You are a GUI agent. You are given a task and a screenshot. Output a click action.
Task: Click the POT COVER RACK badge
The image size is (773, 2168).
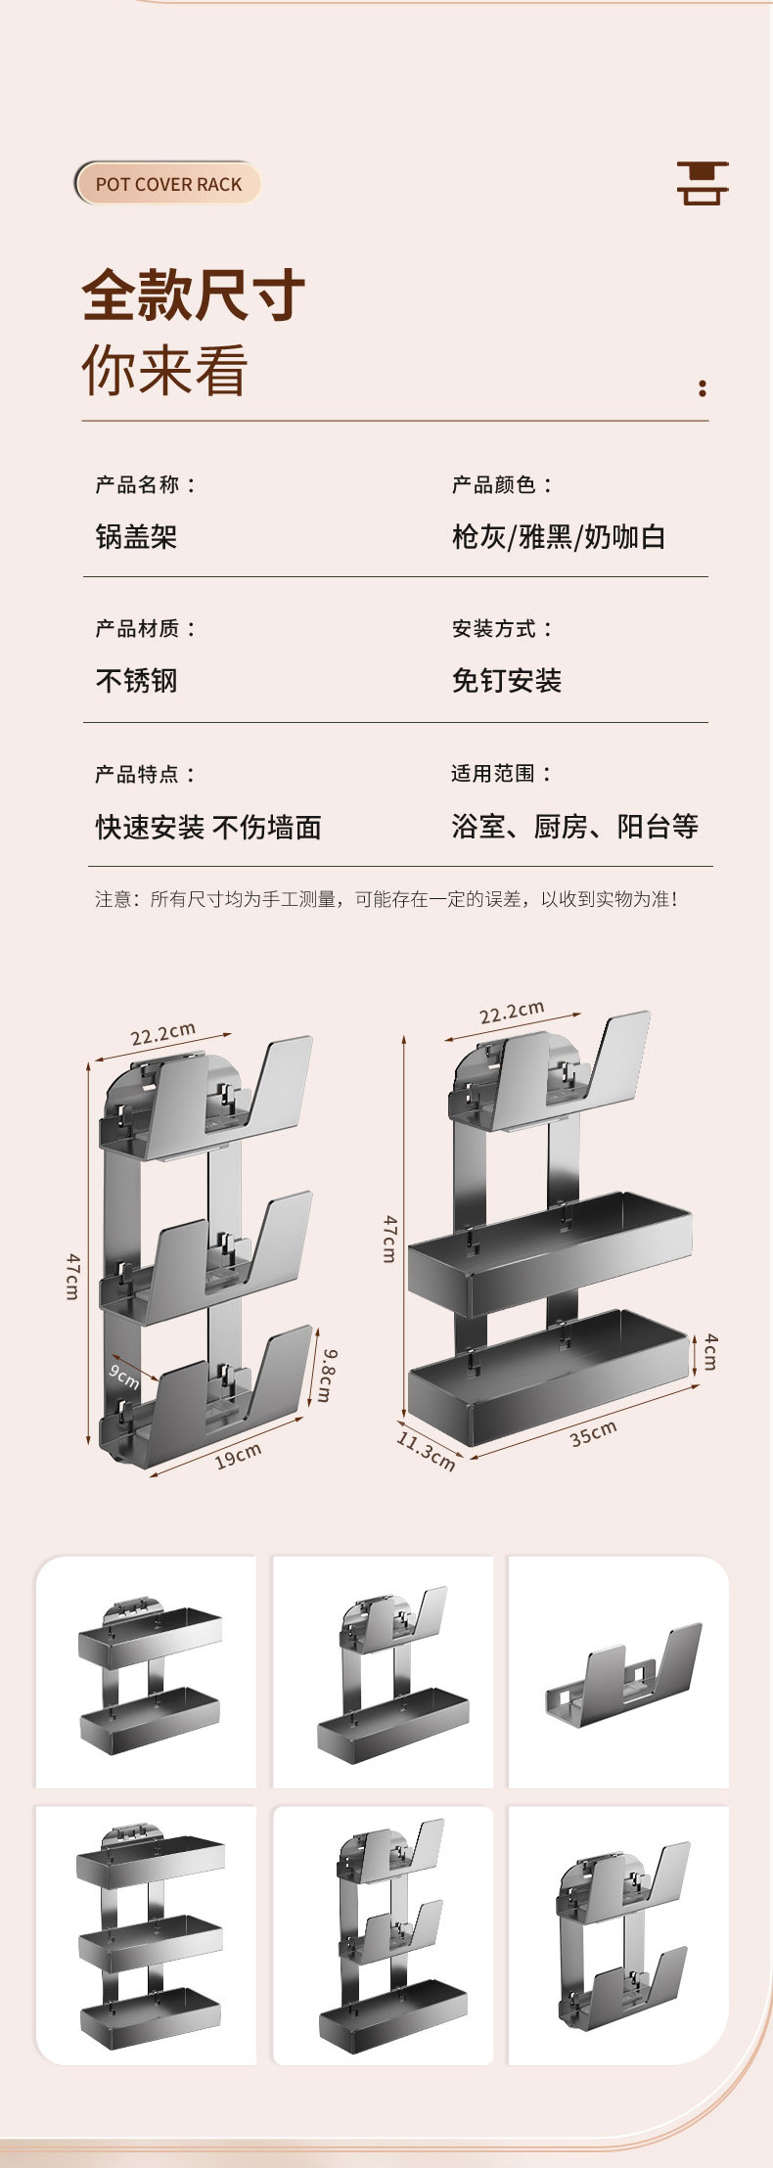coord(168,184)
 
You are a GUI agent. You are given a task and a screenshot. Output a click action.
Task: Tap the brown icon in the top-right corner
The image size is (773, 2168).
coord(703,183)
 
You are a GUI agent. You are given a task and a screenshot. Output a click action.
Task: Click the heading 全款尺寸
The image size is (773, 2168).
coord(194,295)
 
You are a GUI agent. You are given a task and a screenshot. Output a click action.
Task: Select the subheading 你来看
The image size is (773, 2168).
coord(164,371)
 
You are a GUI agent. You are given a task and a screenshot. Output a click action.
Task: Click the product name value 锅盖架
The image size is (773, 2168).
coord(136,536)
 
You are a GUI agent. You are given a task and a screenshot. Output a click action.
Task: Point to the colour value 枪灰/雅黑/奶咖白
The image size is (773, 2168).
coord(559,536)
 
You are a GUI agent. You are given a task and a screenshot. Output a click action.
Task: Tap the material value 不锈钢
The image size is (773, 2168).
coord(136,680)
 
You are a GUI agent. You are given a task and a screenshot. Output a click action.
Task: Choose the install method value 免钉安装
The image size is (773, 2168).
coord(506,680)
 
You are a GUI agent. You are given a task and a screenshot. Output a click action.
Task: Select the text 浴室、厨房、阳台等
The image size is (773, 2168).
coord(574,827)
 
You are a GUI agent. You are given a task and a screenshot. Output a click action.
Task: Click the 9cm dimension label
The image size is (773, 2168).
coord(124,1376)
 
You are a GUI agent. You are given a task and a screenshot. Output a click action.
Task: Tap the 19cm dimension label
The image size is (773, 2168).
coord(238,1456)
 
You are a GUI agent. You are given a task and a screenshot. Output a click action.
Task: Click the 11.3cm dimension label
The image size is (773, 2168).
coord(427,1450)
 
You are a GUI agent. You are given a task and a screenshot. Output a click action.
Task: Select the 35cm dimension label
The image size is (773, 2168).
coord(594,1433)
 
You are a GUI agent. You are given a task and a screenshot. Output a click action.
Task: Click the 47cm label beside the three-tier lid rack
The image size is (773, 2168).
coord(72,1276)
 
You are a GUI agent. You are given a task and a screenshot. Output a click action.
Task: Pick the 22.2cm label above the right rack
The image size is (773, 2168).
coord(512,1013)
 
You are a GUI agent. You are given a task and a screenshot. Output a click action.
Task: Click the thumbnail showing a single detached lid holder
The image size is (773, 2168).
coord(618,1672)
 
